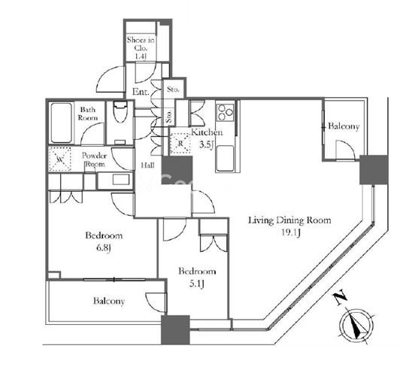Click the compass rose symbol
click(356, 326)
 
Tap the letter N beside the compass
click(341, 298)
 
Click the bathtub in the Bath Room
click(61, 123)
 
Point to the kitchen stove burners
click(226, 112)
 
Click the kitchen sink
click(225, 159)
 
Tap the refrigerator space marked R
click(180, 144)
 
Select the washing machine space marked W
click(60, 159)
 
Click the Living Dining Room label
click(289, 220)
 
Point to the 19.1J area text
click(291, 233)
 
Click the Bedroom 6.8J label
click(104, 241)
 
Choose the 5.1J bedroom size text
click(197, 284)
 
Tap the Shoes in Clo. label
click(141, 48)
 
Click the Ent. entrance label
click(141, 92)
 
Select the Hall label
click(147, 165)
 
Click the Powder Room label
click(93, 160)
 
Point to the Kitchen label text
click(207, 132)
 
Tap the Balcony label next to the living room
click(344, 126)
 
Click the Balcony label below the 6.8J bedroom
click(109, 301)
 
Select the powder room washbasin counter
click(115, 180)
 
